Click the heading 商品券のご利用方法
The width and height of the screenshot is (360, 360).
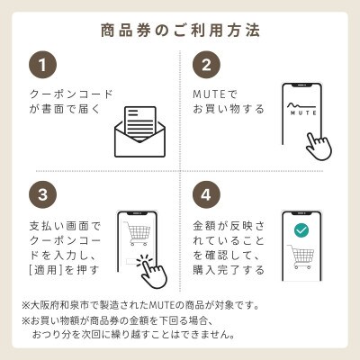[x=180, y=30]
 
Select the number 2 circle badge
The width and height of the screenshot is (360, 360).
[x=208, y=66]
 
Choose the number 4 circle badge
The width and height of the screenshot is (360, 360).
[x=208, y=196]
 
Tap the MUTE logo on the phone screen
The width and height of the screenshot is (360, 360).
[x=301, y=112]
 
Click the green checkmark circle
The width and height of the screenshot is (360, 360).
[x=301, y=230]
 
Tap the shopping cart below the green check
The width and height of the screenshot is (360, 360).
[x=301, y=258]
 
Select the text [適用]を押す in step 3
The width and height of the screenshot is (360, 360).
[x=60, y=269]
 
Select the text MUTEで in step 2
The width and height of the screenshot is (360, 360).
[x=212, y=93]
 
